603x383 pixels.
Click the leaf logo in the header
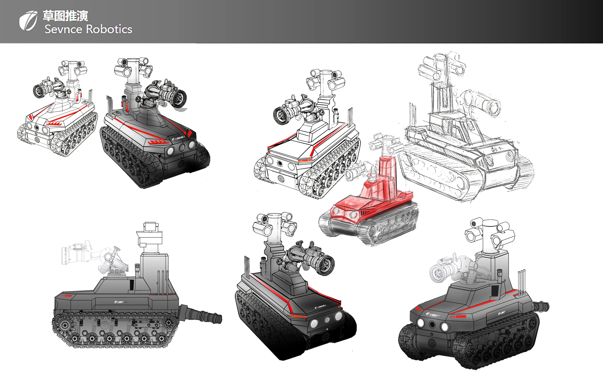28,21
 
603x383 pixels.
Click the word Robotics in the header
109,29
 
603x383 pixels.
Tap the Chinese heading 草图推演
65,16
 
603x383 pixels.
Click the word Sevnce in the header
63,29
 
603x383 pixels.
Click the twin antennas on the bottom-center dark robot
247,267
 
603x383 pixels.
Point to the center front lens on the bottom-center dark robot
327,320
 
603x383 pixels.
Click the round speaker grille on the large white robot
280,179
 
